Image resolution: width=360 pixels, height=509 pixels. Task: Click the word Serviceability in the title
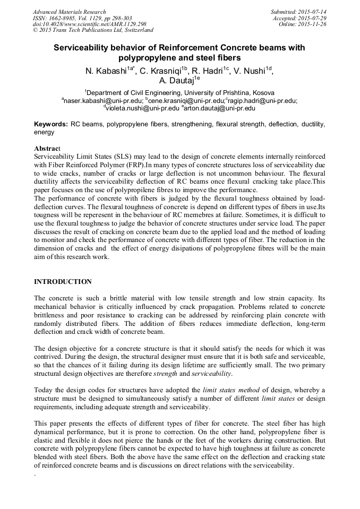click(86, 47)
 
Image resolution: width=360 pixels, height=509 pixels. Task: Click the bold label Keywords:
click(51, 124)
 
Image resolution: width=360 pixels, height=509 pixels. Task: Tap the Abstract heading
click(48, 148)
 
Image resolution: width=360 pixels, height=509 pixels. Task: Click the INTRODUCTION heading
click(63, 281)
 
